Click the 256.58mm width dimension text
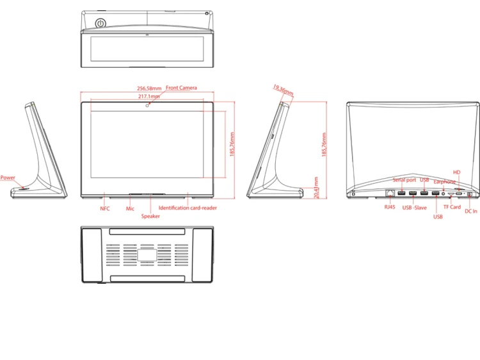click(149, 88)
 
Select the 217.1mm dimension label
click(149, 96)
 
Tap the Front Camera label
click(182, 88)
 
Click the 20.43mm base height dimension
click(316, 188)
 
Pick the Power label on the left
click(8, 177)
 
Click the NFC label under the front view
click(105, 209)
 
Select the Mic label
click(130, 209)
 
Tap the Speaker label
click(150, 217)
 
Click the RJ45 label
click(390, 207)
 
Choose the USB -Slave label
click(414, 208)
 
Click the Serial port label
click(404, 180)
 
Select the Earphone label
click(445, 182)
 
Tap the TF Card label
click(452, 207)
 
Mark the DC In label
click(471, 211)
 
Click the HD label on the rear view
click(456, 172)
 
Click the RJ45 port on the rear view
click(390, 193)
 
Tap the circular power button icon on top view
click(100, 24)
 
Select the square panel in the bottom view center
click(148, 254)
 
